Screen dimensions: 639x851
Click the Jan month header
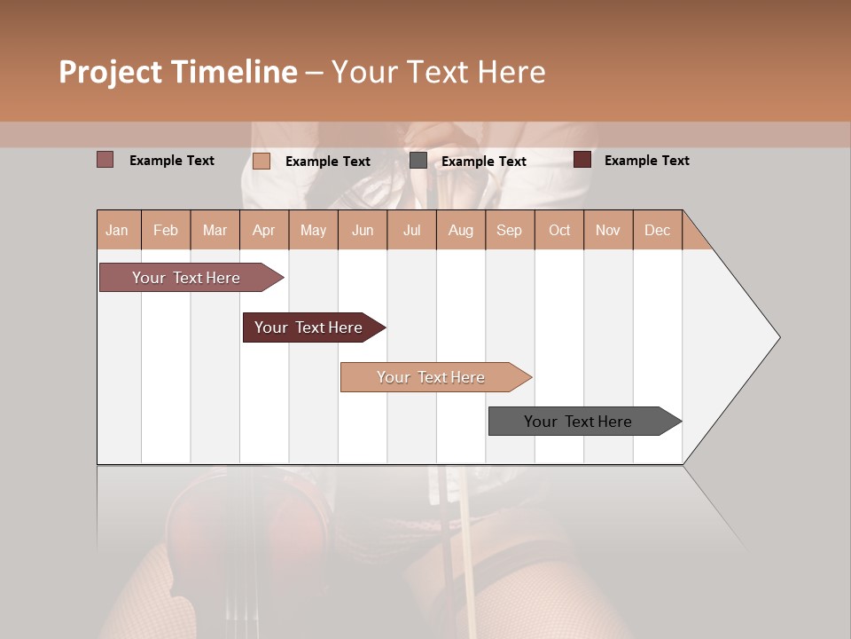coord(118,230)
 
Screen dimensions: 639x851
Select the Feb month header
coord(166,230)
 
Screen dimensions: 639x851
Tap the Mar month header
coord(215,230)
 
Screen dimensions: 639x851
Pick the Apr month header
coord(264,230)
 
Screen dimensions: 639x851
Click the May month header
coord(313,230)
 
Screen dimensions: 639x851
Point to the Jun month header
coord(363,230)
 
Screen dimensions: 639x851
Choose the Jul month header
coord(411,230)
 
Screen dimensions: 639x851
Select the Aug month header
coord(461,230)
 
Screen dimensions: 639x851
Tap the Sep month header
coord(510,230)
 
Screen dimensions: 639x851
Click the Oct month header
coord(559,230)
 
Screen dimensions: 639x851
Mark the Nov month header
coord(608,230)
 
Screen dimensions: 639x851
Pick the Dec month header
coord(657,230)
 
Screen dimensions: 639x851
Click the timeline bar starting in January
coord(186,278)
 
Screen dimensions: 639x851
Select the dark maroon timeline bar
coord(308,327)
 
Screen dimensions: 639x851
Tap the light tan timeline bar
coord(431,377)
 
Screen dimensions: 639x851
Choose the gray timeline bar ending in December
coord(578,422)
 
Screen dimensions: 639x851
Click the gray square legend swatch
coord(418,161)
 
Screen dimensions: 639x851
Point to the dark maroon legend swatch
coord(582,160)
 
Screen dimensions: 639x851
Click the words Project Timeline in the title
coord(178,72)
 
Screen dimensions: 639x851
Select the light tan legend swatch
coord(262,161)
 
